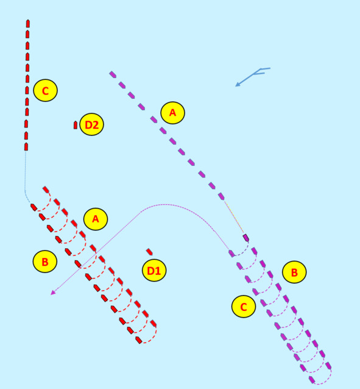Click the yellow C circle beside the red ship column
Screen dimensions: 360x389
tap(45, 90)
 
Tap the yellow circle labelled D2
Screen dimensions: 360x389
tap(92, 124)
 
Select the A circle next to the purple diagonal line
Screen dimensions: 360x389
tap(172, 113)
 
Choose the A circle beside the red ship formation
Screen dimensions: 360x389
tap(96, 219)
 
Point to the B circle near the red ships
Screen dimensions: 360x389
tap(45, 262)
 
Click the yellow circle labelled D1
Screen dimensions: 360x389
tap(154, 270)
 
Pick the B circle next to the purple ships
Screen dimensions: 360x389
tap(294, 272)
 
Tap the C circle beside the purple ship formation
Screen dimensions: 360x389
tap(244, 307)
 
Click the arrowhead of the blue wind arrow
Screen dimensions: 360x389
tap(238, 85)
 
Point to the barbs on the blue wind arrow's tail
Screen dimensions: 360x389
tap(263, 71)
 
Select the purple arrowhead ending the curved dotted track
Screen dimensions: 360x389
tap(52, 293)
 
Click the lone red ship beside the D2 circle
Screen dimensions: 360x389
tap(76, 125)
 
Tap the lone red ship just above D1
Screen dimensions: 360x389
tap(149, 252)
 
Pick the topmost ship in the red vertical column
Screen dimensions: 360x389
tap(28, 23)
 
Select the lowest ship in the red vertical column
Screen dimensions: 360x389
tap(26, 146)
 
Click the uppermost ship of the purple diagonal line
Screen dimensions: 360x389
tap(113, 74)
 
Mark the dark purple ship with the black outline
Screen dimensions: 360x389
tap(245, 237)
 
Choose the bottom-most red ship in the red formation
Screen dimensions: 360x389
tap(139, 340)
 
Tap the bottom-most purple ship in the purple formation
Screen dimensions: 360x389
tap(312, 380)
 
